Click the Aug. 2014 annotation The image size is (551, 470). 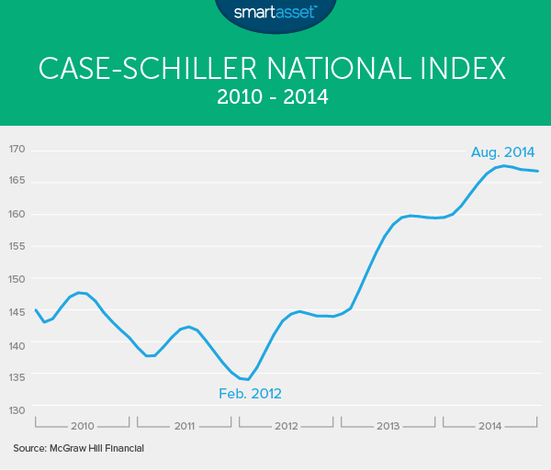click(503, 152)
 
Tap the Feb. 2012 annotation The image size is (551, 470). click(250, 394)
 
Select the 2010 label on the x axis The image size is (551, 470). click(82, 426)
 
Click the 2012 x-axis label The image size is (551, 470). click(286, 426)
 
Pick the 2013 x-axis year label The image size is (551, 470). click(388, 426)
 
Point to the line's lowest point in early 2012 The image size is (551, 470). click(247, 379)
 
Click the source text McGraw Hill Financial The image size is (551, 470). click(79, 448)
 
